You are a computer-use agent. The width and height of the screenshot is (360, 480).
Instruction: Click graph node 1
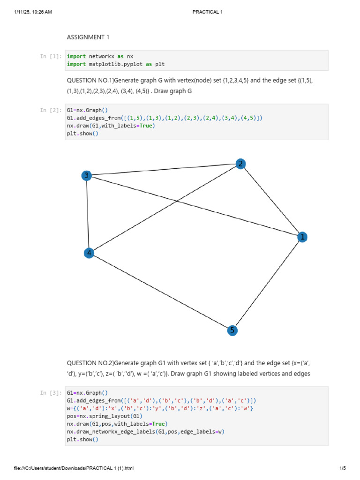coord(302,237)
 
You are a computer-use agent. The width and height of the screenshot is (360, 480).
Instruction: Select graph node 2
coord(240,164)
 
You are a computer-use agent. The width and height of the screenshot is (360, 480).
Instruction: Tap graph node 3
coord(86,176)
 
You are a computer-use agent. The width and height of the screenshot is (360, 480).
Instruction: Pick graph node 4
coord(89,253)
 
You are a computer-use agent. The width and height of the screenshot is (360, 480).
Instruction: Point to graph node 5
coord(232,330)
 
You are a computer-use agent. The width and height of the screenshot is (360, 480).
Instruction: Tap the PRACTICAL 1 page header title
coord(207,12)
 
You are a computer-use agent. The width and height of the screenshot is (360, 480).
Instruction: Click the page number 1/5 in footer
coord(342,468)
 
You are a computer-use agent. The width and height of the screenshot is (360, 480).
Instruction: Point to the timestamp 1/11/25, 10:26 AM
coord(33,12)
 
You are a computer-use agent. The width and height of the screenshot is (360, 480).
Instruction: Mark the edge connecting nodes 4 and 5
coord(160,292)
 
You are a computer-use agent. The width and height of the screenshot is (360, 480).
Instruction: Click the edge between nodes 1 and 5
coord(267,284)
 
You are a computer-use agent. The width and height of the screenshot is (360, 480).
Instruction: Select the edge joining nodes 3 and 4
coord(88,214)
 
